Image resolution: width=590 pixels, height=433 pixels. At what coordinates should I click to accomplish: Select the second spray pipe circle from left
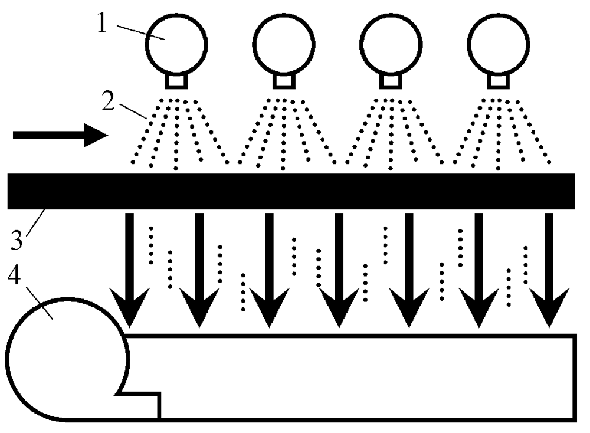coord(284,43)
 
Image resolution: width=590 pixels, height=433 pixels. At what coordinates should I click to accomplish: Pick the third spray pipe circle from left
coord(391,43)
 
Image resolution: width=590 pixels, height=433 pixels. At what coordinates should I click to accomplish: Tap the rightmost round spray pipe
coord(499,43)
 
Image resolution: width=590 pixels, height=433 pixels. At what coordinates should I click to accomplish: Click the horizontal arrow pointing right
coord(59,135)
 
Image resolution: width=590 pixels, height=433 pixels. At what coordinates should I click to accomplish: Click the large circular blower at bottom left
coord(65,360)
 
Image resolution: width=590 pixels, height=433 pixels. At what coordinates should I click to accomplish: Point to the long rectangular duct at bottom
coord(366,378)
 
